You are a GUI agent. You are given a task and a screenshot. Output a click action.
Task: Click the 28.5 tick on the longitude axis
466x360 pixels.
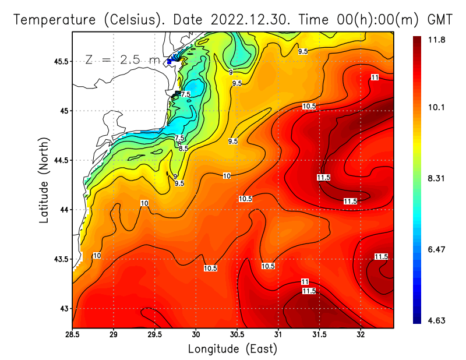point(72,334)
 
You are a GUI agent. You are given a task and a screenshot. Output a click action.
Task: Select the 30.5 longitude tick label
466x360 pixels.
point(237,334)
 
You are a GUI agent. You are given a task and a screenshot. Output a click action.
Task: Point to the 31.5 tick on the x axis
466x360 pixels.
point(319,334)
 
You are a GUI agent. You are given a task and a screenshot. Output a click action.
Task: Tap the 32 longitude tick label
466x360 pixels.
point(361,334)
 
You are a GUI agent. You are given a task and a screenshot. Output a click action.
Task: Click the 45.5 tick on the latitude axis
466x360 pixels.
point(60,61)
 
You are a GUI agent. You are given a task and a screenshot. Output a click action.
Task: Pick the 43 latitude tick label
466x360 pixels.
point(63,308)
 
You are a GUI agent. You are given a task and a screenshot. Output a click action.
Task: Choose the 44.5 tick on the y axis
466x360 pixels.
point(60,160)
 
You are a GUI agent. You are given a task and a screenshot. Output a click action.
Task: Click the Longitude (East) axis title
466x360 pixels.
point(232,349)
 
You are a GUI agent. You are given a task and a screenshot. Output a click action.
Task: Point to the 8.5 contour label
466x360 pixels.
point(184,149)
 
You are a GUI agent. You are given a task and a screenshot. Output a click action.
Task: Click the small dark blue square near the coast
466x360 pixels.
point(169,61)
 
